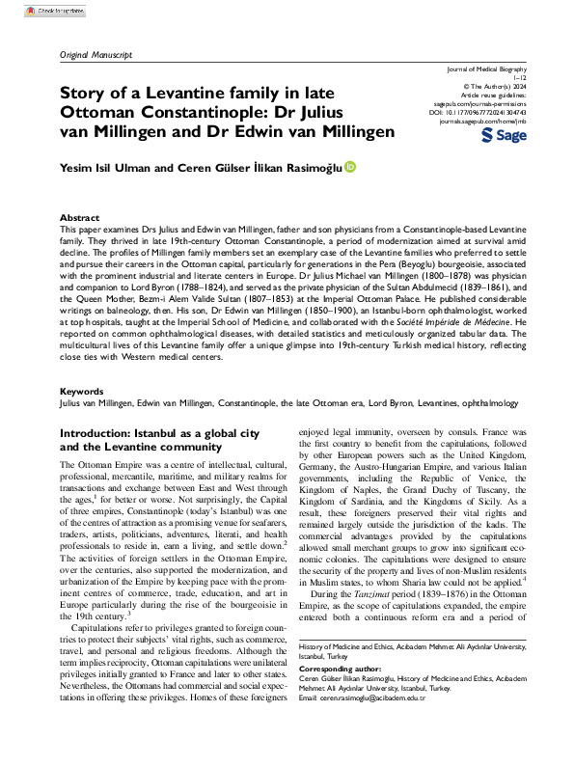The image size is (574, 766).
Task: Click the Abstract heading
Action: (79, 219)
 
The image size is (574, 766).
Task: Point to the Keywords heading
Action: (81, 420)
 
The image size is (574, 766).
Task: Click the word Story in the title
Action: (84, 94)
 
